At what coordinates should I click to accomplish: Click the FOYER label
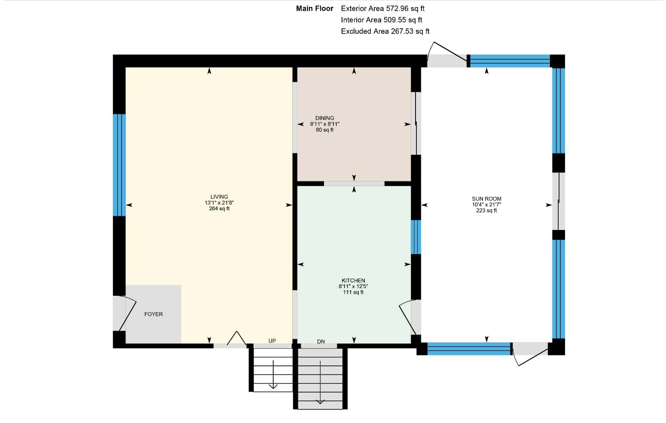click(153, 314)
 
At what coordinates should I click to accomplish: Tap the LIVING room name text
click(219, 196)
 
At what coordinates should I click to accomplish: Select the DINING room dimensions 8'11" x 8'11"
click(325, 124)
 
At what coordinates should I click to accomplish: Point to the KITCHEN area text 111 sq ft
click(353, 292)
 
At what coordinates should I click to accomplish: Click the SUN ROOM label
click(486, 199)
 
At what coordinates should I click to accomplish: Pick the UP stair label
click(272, 341)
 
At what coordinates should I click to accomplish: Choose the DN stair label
click(321, 342)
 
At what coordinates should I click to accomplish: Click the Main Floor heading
click(315, 9)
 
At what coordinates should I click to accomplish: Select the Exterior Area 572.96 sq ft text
click(383, 9)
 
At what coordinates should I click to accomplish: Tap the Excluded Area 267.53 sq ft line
click(385, 31)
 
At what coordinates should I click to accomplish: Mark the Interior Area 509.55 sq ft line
click(382, 20)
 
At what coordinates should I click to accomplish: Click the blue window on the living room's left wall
click(119, 165)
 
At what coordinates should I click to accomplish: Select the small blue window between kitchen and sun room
click(416, 237)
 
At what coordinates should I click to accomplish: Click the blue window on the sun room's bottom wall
click(469, 349)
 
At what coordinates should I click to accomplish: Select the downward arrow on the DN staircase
click(320, 383)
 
